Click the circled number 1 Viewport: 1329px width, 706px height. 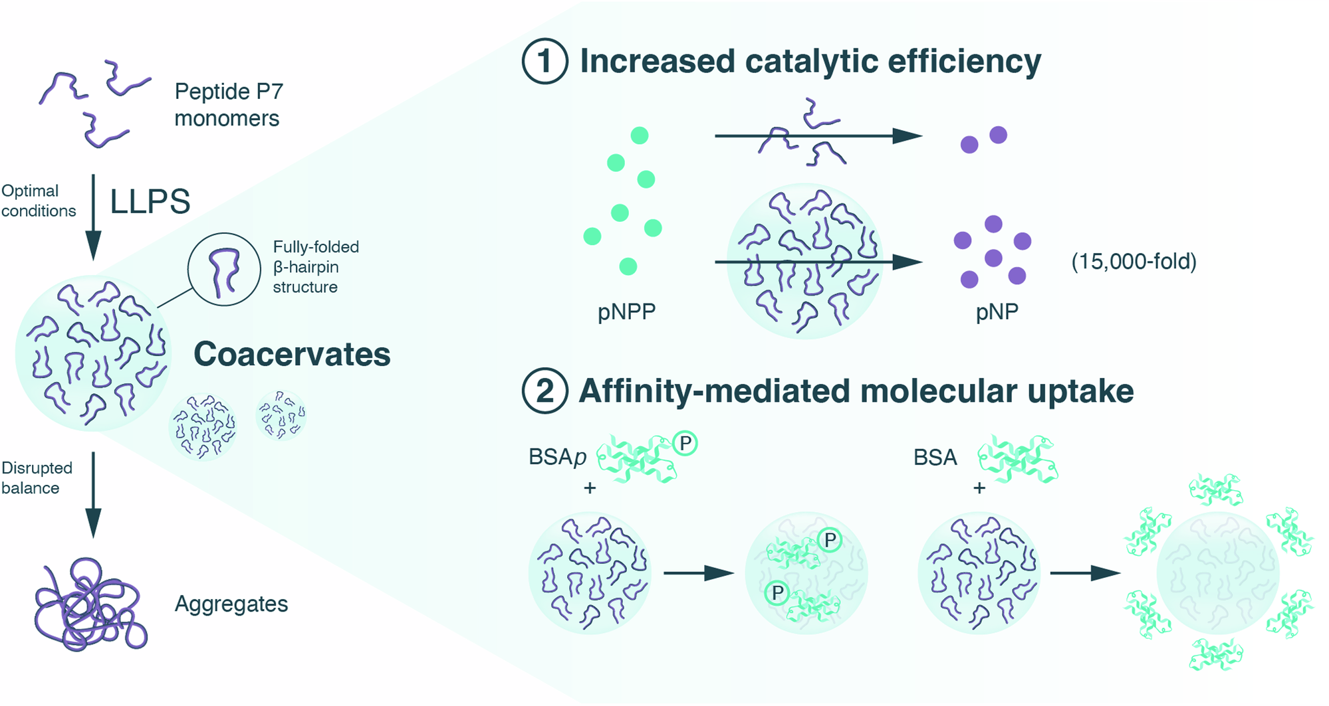click(544, 61)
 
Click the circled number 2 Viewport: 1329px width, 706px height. click(544, 391)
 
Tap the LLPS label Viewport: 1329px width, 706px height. click(150, 201)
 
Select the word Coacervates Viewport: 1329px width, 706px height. click(292, 354)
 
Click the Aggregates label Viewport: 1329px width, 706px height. click(231, 604)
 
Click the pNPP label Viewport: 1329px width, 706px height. click(626, 311)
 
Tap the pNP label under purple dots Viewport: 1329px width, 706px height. click(997, 311)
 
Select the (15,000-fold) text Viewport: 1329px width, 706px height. click(1134, 262)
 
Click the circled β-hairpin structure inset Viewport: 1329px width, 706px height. click(224, 269)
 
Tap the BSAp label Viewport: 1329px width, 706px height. click(557, 458)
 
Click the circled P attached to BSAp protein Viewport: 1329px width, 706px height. click(685, 443)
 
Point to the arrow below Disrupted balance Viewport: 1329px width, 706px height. click(94, 494)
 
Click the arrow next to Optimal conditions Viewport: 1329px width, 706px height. click(94, 217)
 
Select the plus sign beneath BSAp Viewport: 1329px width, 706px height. click(590, 488)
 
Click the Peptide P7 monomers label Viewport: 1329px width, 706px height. click(228, 104)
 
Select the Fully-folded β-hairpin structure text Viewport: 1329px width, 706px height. click(316, 267)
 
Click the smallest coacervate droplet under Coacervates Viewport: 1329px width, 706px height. click(281, 415)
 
